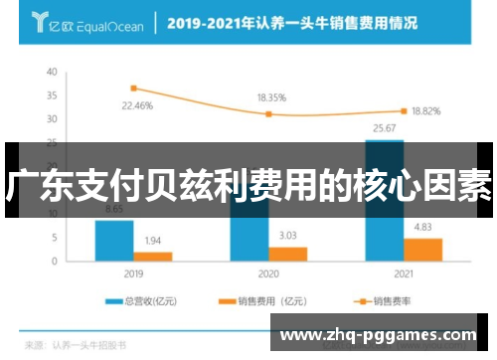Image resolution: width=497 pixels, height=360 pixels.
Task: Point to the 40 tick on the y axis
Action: pos(52,73)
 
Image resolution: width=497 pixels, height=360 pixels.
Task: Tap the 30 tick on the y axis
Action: pos(52,118)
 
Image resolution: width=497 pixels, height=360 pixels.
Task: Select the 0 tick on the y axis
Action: pos(55,260)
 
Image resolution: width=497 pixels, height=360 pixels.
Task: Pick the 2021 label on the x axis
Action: pos(403,271)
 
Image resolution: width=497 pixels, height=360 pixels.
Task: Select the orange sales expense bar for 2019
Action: pos(153,256)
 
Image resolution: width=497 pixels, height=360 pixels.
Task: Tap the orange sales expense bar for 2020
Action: pos(287,253)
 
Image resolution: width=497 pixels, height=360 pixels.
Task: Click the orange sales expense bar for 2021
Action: pos(422,249)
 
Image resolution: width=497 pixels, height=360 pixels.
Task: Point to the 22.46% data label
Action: pos(138,103)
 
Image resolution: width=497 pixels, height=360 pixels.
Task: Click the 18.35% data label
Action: pos(271,98)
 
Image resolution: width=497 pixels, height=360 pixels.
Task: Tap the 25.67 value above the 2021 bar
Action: pos(384,129)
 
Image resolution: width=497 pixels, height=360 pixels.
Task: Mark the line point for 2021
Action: pos(404,110)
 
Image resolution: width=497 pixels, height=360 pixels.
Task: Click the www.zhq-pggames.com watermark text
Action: pos(383,336)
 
